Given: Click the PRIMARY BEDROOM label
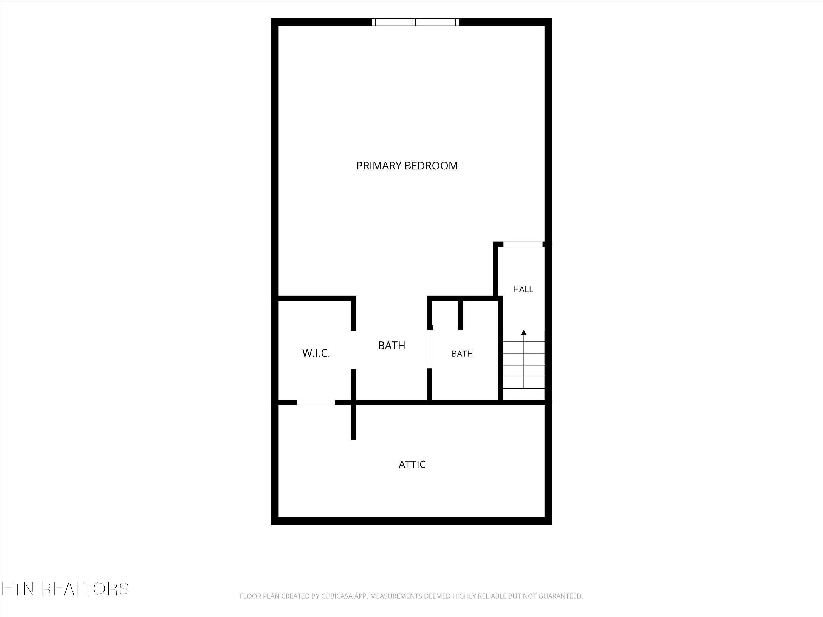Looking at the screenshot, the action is point(407,166).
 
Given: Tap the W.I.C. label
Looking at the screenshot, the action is point(316,353).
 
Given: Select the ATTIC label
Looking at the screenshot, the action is point(412,465).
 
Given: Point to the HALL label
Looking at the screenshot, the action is point(523,289).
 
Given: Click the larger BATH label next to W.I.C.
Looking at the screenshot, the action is point(391,346).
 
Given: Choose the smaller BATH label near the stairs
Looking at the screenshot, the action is point(462,354).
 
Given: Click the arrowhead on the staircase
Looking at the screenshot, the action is point(524,332).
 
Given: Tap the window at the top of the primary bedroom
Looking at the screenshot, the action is point(416,22).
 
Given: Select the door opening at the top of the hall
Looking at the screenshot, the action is point(523,244).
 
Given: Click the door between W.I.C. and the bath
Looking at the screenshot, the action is point(353,350).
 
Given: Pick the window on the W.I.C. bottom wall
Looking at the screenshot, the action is point(316,402).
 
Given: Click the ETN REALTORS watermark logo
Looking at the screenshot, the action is point(66,588).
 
